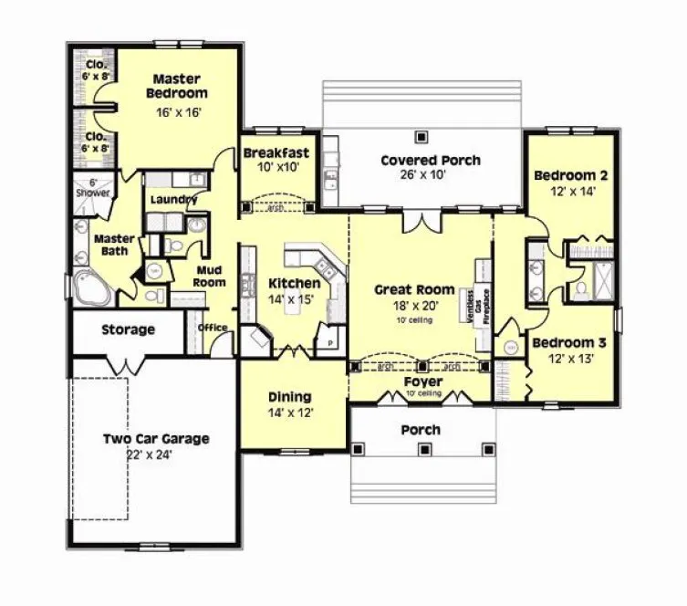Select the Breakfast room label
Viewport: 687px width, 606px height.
pyautogui.click(x=276, y=152)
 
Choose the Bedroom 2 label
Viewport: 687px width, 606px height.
pyautogui.click(x=571, y=175)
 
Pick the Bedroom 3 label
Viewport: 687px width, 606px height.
pyautogui.click(x=569, y=343)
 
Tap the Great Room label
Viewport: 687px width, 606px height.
pyautogui.click(x=415, y=289)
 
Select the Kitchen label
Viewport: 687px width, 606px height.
pyautogui.click(x=294, y=284)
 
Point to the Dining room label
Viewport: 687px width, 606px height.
pyautogui.click(x=290, y=397)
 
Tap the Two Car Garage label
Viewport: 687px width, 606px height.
pyautogui.click(x=155, y=439)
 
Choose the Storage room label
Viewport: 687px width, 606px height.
pyautogui.click(x=128, y=329)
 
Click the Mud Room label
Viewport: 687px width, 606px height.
pyautogui.click(x=210, y=276)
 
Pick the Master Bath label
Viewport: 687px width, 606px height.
pyautogui.click(x=115, y=245)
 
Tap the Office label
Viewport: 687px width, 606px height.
pyautogui.click(x=213, y=329)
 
